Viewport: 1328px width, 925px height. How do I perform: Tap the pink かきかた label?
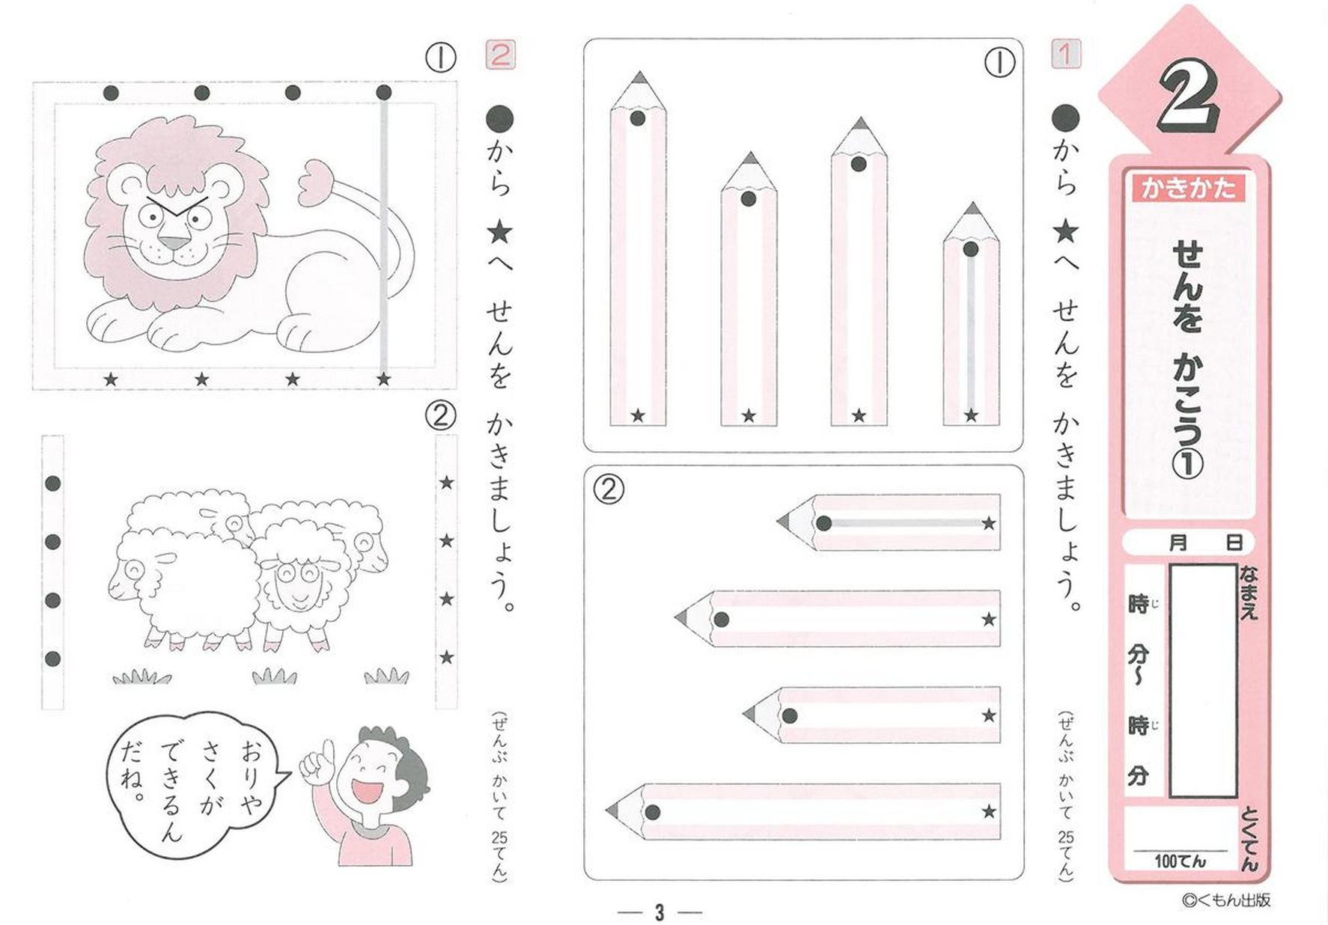coord(1188,187)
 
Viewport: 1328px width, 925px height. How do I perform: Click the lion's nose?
coord(177,243)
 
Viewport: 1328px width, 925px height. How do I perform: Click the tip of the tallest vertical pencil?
coord(638,77)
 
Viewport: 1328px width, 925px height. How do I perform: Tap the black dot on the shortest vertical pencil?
coord(971,249)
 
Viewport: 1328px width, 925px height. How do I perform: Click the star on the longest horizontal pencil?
coord(989,811)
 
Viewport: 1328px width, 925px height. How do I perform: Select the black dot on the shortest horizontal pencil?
coord(823,523)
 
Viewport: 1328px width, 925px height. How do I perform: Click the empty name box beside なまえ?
coord(1203,680)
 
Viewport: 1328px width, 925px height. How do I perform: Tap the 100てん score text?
coord(1180,861)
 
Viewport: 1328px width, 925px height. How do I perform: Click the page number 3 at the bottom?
coord(659,912)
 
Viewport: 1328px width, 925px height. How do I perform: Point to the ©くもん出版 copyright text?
coord(1227,900)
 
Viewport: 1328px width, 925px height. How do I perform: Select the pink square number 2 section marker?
coord(500,55)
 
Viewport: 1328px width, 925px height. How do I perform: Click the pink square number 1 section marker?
coord(1065,54)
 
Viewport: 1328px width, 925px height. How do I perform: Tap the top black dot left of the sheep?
coord(52,483)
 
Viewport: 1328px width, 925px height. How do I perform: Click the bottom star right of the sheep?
coord(446,657)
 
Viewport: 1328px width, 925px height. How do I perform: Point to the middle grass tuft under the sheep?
coord(274,676)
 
